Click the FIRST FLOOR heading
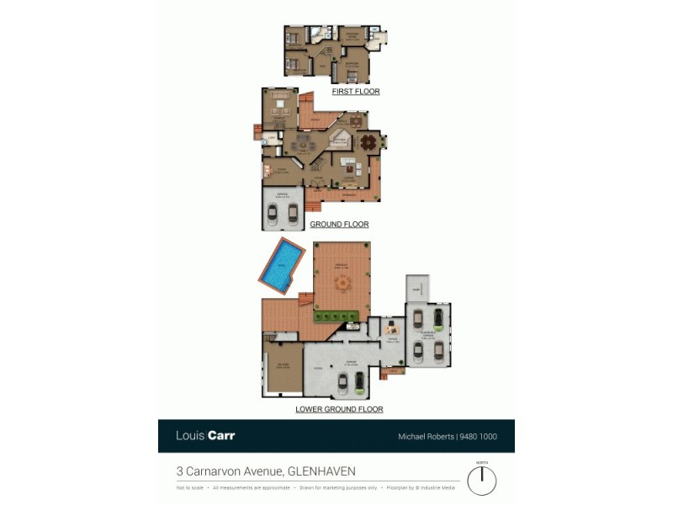355,91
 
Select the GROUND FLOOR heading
339,225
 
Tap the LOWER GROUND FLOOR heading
339,409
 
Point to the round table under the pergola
342,284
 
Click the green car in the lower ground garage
359,383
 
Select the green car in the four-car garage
438,318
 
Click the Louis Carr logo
204,436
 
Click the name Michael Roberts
425,436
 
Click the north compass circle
482,481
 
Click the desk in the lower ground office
390,329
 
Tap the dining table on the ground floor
367,142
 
